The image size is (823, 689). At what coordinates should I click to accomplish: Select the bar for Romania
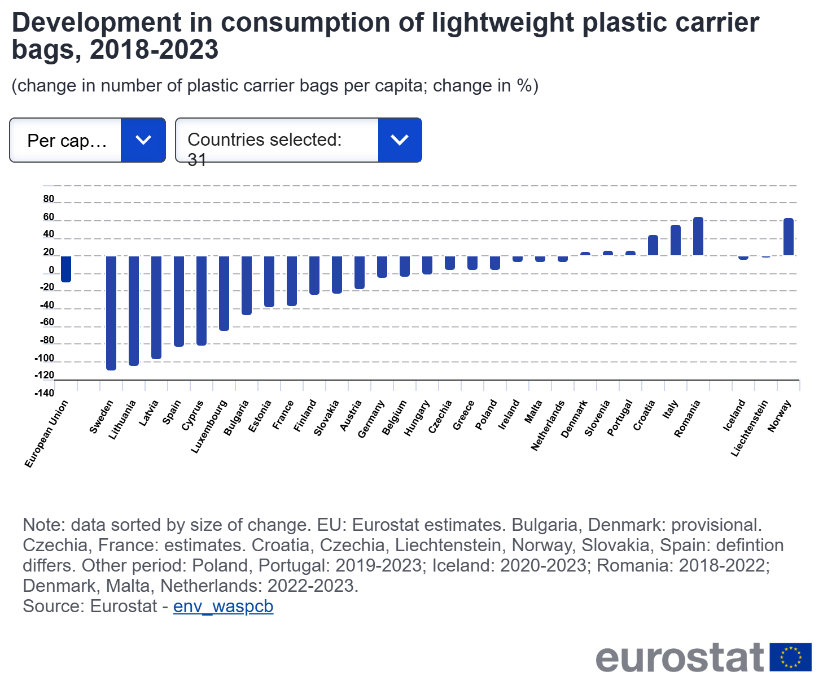point(698,236)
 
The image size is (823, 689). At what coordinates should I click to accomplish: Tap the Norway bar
point(789,237)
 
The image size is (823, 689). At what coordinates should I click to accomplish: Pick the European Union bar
point(66,269)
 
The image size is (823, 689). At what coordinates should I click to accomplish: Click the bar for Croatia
point(653,245)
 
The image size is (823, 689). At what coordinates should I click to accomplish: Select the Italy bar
point(676,240)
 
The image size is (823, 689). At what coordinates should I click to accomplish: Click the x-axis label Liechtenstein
point(750,428)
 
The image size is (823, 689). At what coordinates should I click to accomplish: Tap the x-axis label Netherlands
point(548,425)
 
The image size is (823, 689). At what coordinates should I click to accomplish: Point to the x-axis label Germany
point(371,418)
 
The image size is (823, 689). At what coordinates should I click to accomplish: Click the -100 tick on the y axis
point(45,358)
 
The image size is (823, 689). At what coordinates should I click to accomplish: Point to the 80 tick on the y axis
point(49,199)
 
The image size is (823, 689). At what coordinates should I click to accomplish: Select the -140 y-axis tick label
point(45,393)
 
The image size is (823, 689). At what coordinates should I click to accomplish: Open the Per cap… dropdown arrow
point(143,140)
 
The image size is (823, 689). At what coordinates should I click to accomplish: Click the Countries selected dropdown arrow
point(400,140)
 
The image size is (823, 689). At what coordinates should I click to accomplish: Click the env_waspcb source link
point(223,606)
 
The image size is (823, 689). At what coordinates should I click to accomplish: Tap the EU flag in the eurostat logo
point(790,657)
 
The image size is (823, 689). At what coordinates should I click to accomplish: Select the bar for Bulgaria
point(247,285)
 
